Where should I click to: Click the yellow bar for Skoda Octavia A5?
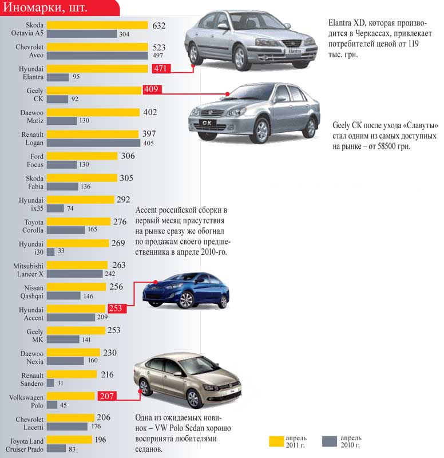point(97,25)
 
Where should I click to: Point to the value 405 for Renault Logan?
point(149,143)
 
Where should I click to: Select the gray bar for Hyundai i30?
point(50,251)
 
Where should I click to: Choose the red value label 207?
point(106,396)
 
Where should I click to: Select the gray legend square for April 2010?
point(330,441)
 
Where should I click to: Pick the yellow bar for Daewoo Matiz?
point(93,112)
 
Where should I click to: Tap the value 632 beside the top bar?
point(158,25)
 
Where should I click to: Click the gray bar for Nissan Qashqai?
point(64,296)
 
